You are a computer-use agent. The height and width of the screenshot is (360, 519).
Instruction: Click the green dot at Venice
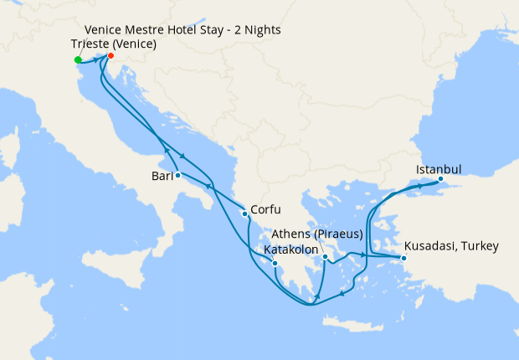[x=78, y=59]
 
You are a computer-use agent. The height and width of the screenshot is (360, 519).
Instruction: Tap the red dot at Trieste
[x=111, y=57]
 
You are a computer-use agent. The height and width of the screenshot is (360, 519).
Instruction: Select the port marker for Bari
[x=178, y=176]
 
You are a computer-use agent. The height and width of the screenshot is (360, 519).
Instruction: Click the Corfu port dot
[x=244, y=214]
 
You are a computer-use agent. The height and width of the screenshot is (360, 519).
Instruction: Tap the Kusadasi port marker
[x=403, y=258]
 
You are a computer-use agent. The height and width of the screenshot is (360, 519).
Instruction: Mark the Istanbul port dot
[x=440, y=178]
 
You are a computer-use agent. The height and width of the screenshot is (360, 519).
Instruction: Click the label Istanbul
[x=439, y=169]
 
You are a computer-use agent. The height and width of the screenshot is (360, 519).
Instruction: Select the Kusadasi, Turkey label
[x=451, y=246]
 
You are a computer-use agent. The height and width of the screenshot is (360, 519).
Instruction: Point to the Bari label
[x=162, y=177]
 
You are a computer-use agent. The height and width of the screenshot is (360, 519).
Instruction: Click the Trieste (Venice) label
[x=114, y=44]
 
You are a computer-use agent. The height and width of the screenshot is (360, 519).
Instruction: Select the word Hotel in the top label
[x=184, y=30]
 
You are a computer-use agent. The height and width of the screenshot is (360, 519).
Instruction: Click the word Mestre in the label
[x=142, y=30]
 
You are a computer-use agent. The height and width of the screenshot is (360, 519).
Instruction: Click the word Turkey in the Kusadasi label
[x=478, y=246]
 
